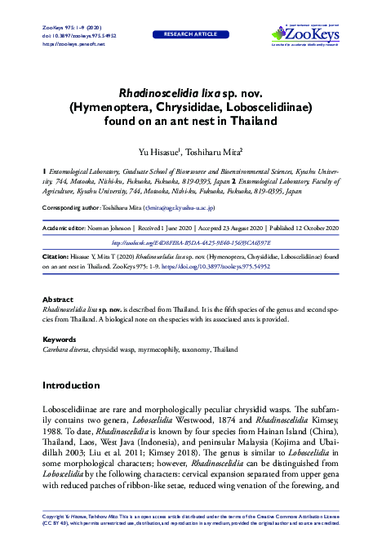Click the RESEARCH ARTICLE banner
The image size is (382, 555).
(x=191, y=36)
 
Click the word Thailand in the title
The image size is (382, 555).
(x=252, y=122)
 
